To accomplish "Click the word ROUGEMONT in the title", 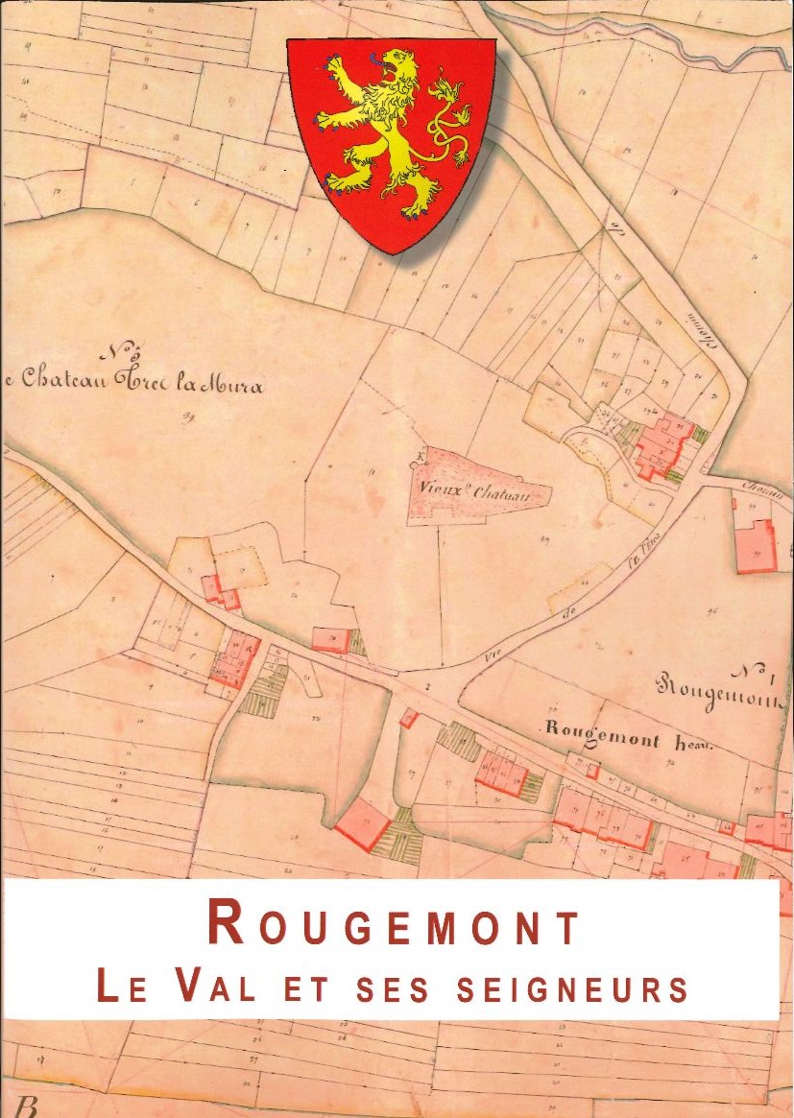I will tap(395, 925).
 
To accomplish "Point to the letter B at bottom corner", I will tap(26, 1107).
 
